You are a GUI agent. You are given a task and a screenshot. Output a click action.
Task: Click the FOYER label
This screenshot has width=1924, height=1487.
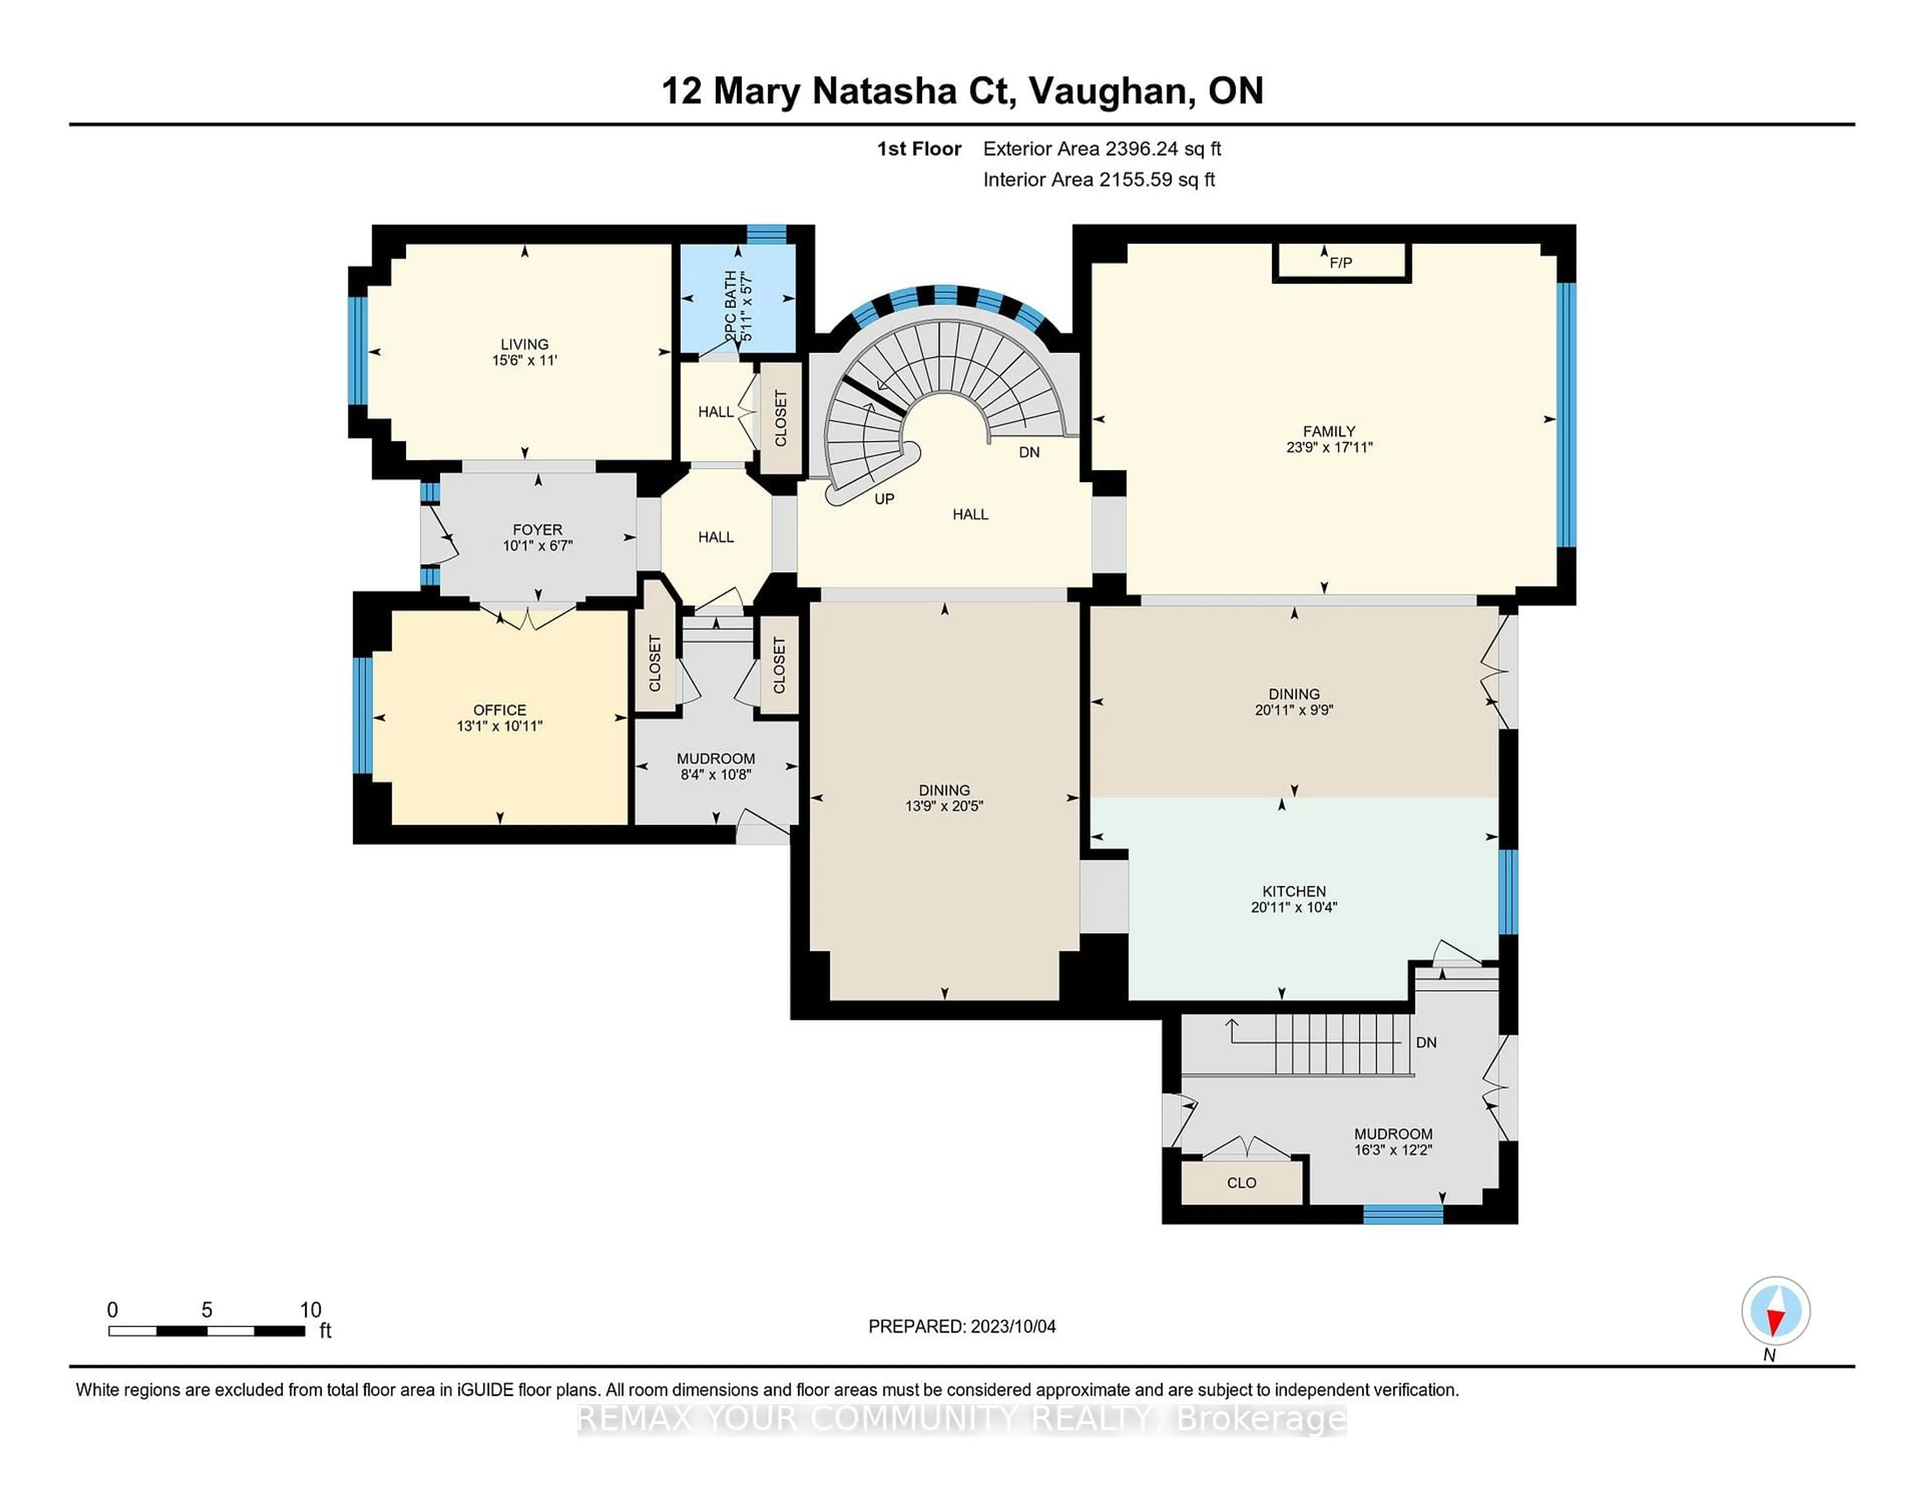[x=538, y=530]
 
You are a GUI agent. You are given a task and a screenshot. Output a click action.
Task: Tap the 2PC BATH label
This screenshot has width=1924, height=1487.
[x=731, y=307]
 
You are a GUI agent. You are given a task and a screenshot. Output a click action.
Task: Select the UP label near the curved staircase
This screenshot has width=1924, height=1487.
[x=884, y=499]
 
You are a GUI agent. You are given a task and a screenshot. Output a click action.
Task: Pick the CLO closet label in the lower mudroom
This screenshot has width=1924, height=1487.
[x=1241, y=1182]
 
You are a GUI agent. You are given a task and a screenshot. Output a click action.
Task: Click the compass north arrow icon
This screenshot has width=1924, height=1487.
[x=1775, y=1311]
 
